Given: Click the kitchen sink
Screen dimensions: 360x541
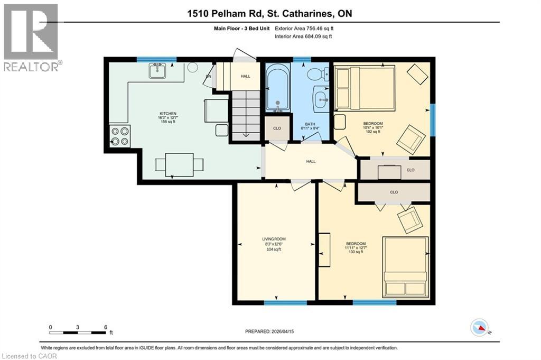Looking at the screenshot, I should coord(157,70).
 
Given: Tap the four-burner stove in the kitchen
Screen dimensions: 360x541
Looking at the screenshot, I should coord(119,136).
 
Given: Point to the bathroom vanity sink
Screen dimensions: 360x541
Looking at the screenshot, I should coord(321,98).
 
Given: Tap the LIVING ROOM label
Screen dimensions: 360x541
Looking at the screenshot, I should coord(274,244).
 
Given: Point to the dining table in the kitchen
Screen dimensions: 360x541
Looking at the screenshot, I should coord(179,164).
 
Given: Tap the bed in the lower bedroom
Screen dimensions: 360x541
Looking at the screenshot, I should coord(405,267).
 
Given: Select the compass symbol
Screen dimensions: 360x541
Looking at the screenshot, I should coord(479,328).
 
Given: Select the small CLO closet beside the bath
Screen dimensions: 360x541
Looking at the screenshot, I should coord(277,128).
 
